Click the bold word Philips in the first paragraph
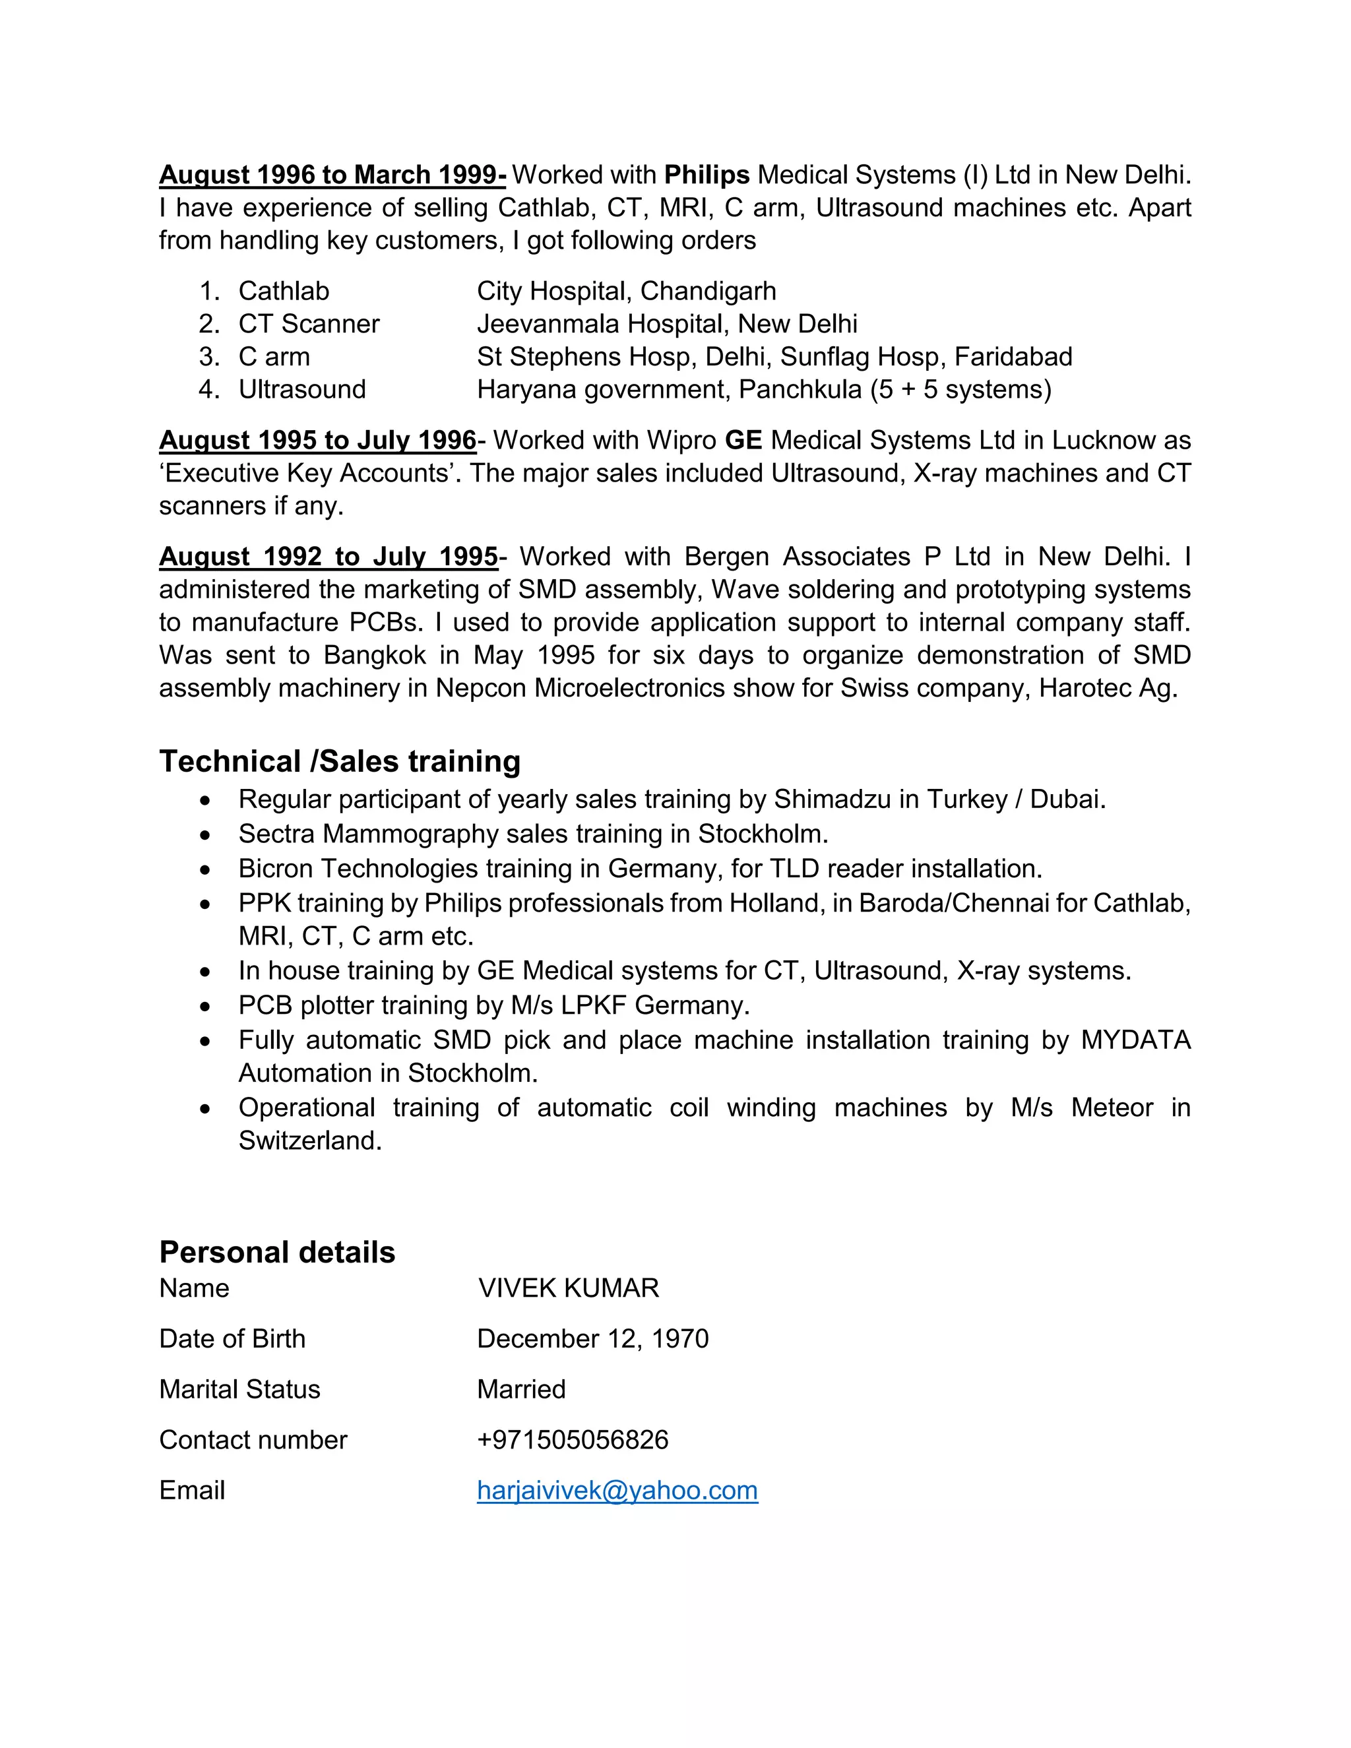706,175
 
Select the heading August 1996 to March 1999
332,175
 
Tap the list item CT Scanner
308,323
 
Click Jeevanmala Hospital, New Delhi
667,323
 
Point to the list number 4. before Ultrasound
209,389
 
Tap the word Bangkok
375,655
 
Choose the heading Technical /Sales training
339,761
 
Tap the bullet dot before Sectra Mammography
206,835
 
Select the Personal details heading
277,1252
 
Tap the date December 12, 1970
592,1338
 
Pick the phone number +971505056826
572,1439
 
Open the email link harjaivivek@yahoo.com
617,1489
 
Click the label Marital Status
239,1389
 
